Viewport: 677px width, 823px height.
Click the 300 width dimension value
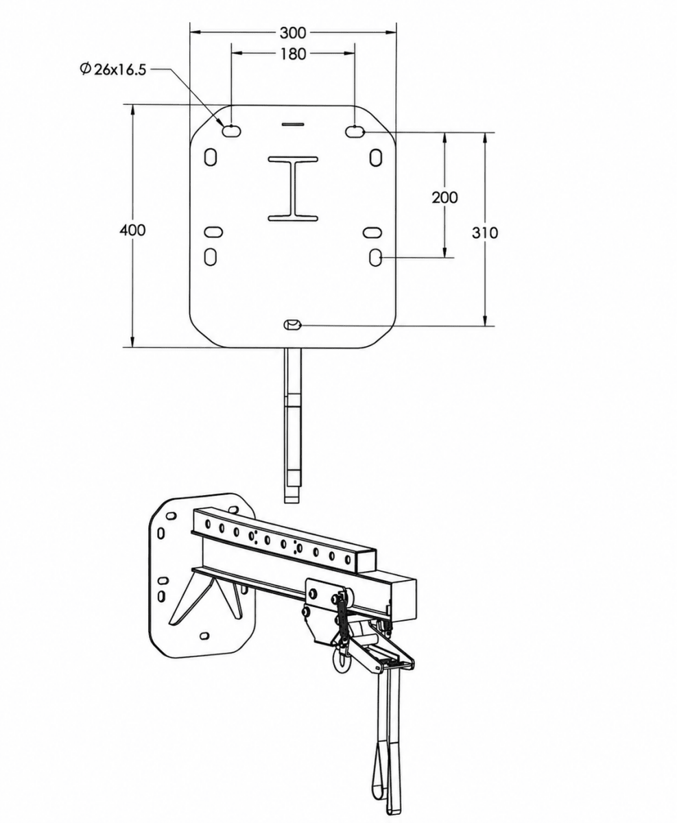tap(293, 33)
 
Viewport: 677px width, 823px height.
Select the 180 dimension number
tap(293, 54)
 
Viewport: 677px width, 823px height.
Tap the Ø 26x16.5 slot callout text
tap(112, 69)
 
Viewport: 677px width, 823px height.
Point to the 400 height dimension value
tap(132, 230)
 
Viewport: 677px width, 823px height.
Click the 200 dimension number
tap(444, 198)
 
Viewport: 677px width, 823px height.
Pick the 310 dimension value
tap(485, 232)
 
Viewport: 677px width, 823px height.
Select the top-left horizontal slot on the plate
tap(231, 130)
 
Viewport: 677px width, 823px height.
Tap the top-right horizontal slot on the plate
tap(355, 131)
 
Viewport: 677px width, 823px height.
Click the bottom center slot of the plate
tap(292, 324)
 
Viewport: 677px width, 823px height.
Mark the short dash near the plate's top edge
tap(293, 124)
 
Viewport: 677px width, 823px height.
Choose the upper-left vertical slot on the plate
tap(211, 157)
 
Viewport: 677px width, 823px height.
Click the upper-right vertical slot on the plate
tap(376, 157)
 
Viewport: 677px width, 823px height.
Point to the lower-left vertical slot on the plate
tap(211, 257)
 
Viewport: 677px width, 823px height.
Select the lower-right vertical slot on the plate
tap(375, 257)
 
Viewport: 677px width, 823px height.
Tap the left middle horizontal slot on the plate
tap(213, 232)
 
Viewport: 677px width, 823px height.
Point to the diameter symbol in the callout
tap(85, 69)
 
